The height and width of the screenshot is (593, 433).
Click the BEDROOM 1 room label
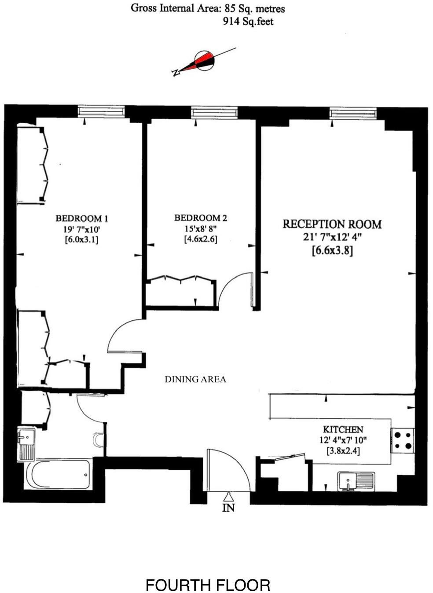pos(82,218)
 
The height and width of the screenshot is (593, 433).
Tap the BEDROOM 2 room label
pos(201,218)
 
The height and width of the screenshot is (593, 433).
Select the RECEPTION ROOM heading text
pos(332,224)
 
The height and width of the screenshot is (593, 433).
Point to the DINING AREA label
pos(195,379)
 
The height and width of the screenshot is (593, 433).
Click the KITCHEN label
pos(343,429)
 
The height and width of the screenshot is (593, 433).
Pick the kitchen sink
pos(356,481)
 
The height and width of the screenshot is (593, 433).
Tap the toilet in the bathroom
pos(99,439)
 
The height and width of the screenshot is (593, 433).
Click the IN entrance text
pos(228,508)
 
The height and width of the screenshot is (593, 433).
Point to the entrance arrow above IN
pos(228,497)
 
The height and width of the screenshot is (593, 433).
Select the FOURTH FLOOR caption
pos(208,585)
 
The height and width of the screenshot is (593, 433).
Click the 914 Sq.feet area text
pos(248,22)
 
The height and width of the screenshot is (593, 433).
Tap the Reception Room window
pos(353,113)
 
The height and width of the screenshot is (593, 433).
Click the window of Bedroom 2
pos(214,113)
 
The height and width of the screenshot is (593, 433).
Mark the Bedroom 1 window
pos(101,112)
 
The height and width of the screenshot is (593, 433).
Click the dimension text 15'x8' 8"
pos(201,229)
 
